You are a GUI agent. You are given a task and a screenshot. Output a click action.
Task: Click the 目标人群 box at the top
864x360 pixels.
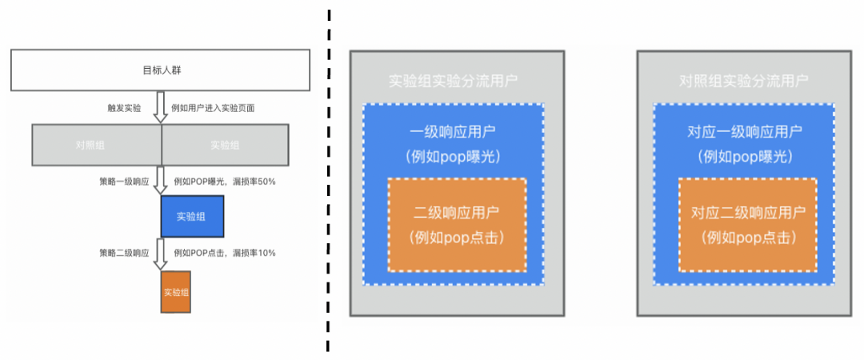159,70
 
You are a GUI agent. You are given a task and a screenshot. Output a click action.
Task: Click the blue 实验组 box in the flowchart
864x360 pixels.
191,217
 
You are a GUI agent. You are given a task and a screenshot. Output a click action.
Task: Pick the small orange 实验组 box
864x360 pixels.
176,292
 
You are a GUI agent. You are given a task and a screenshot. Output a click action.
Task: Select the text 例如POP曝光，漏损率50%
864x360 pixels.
223,182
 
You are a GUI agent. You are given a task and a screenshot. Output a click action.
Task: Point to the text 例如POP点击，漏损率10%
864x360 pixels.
223,253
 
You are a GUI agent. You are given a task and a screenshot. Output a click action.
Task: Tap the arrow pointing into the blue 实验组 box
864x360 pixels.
160,181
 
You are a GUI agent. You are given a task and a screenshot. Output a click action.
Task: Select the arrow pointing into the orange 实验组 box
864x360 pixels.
160,254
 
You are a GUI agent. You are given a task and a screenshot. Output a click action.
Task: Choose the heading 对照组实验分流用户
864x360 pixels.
743,81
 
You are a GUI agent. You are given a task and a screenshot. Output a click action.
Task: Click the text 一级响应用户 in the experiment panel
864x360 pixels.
454,133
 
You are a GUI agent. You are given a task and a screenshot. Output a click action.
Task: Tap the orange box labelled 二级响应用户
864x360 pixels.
456,225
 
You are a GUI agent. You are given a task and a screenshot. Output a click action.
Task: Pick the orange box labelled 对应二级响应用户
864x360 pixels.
747,225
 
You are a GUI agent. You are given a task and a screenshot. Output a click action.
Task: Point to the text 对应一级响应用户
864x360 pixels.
745,133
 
